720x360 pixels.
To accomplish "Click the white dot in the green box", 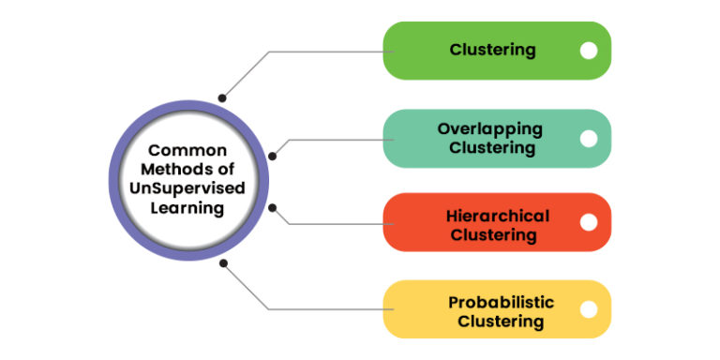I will [x=589, y=51].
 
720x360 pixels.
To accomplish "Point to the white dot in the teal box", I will [x=589, y=139].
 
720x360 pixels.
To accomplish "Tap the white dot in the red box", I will [x=589, y=222].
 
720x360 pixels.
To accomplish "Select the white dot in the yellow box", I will [x=589, y=309].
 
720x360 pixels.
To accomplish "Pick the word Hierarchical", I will [x=498, y=216].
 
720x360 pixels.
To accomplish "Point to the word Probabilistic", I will [x=501, y=302].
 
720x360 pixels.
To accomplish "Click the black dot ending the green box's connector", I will [x=222, y=97].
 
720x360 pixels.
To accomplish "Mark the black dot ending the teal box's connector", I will [x=273, y=156].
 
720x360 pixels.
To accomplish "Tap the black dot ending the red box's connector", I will [x=273, y=207].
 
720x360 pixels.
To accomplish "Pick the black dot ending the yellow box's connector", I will [x=223, y=263].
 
